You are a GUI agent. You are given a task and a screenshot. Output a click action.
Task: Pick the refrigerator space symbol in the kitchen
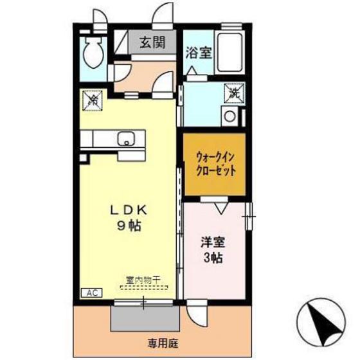pos(92,100)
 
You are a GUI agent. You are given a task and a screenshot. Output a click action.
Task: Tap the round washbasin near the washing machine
pos(229,116)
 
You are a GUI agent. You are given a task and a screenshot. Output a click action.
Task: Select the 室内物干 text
pos(143,278)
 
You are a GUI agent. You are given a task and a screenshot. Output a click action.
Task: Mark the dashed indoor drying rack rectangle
pos(143,287)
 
